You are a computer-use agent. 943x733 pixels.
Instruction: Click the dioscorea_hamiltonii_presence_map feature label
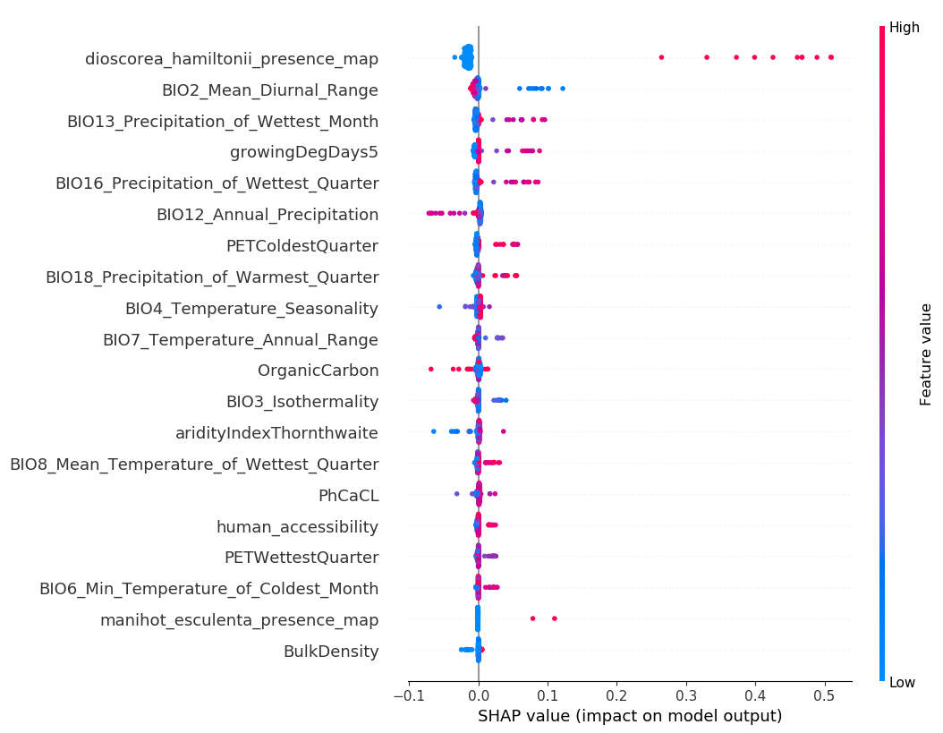pyautogui.click(x=232, y=59)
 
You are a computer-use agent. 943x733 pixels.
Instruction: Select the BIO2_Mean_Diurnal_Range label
pyautogui.click(x=269, y=90)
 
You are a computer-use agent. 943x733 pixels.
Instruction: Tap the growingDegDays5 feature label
pyautogui.click(x=304, y=152)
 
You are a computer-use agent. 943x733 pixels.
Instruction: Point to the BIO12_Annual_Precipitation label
pyautogui.click(x=267, y=215)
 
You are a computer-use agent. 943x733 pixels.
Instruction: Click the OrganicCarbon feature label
pyautogui.click(x=318, y=371)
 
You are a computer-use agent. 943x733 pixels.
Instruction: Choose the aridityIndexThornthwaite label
pyautogui.click(x=276, y=433)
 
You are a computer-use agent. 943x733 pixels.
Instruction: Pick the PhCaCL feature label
pyautogui.click(x=348, y=496)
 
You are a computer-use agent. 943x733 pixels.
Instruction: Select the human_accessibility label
pyautogui.click(x=297, y=527)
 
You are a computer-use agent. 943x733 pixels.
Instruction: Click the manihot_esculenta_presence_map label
pyautogui.click(x=239, y=620)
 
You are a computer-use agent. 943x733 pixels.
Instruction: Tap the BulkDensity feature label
pyautogui.click(x=331, y=652)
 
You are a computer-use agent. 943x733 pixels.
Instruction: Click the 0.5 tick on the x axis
pyautogui.click(x=824, y=695)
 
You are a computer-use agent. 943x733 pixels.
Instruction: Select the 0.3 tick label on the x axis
pyautogui.click(x=685, y=695)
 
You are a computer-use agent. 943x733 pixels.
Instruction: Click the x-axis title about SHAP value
pyautogui.click(x=630, y=716)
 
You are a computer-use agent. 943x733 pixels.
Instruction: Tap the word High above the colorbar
pyautogui.click(x=905, y=28)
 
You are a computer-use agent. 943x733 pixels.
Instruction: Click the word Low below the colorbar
pyautogui.click(x=902, y=683)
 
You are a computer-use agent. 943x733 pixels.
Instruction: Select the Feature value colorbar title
pyautogui.click(x=926, y=354)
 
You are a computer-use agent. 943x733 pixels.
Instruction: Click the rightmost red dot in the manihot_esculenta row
pyautogui.click(x=555, y=618)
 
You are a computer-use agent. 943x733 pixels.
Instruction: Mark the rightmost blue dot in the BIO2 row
pyautogui.click(x=562, y=88)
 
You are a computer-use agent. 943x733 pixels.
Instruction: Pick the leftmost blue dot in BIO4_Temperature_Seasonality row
pyautogui.click(x=439, y=306)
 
